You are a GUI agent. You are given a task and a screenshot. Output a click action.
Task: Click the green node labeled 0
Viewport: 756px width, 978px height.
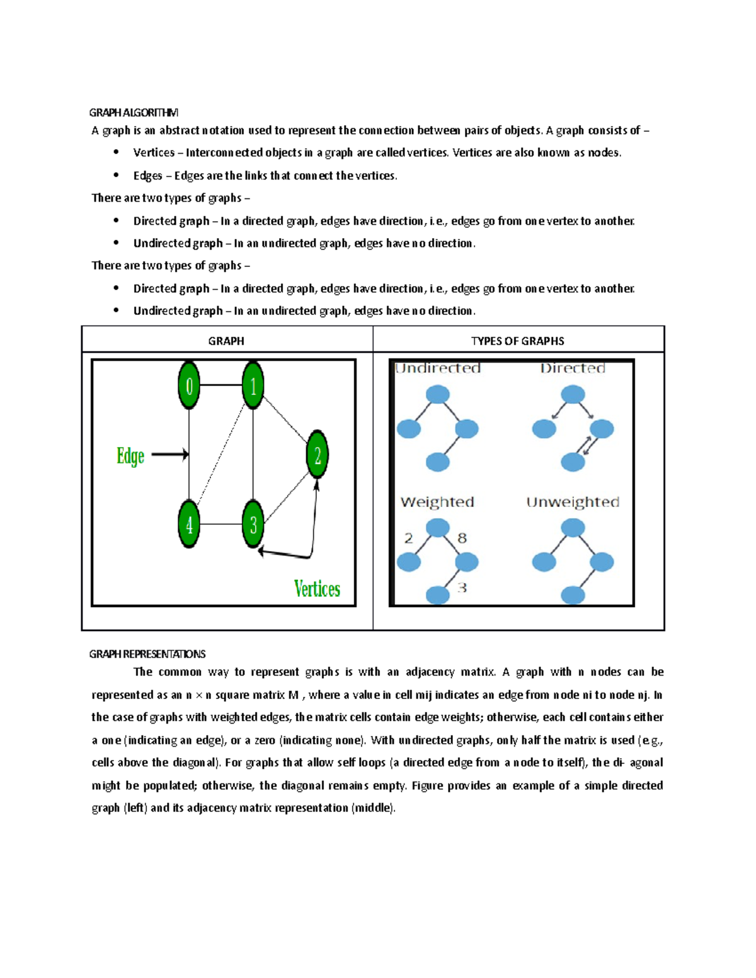click(189, 385)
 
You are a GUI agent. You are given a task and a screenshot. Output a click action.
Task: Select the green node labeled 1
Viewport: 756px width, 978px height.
click(253, 385)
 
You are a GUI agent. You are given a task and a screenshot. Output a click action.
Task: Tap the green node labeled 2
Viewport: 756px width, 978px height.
click(318, 454)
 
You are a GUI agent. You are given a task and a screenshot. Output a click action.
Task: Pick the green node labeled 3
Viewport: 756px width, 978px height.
click(253, 524)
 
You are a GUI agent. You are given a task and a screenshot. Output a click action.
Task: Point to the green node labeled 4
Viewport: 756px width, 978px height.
click(189, 524)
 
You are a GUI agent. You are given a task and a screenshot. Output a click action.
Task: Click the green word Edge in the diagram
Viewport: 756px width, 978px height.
click(130, 455)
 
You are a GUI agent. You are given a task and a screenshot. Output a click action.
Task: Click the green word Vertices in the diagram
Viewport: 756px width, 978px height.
click(317, 589)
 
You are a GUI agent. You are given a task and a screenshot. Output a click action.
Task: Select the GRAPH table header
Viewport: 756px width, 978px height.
click(226, 341)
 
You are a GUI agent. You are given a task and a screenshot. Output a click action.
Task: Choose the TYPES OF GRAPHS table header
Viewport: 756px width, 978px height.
click(517, 341)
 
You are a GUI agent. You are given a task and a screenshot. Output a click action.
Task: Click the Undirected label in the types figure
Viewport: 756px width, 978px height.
click(438, 368)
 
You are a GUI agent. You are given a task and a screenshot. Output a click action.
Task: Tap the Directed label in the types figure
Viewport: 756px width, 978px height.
click(573, 368)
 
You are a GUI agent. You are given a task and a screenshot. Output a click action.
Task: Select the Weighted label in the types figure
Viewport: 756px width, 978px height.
click(437, 502)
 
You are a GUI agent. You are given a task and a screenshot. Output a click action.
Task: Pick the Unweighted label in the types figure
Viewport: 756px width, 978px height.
click(573, 502)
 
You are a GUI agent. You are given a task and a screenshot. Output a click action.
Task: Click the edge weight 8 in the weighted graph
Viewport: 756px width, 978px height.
click(462, 538)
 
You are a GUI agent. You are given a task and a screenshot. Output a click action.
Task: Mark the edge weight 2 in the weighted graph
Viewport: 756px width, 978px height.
click(408, 538)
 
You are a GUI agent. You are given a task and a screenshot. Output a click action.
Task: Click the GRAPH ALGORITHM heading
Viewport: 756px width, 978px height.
click(134, 113)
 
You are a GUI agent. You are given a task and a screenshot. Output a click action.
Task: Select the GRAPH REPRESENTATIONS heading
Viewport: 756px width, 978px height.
click(147, 654)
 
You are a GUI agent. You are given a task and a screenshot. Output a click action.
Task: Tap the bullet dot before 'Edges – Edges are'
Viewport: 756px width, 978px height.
click(116, 174)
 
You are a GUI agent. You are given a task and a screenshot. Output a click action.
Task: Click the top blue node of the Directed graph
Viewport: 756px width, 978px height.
click(573, 395)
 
